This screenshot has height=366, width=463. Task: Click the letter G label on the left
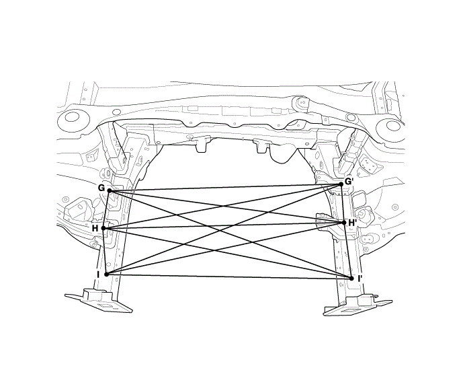(x=101, y=188)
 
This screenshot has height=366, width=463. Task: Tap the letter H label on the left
(x=95, y=229)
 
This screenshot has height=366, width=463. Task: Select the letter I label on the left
(x=98, y=274)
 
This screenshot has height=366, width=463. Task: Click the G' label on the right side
(x=349, y=181)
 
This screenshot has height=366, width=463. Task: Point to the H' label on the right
(x=352, y=223)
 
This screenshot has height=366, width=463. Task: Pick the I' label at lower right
(x=360, y=278)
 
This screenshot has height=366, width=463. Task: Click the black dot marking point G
(x=110, y=191)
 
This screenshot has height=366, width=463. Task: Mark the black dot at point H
(x=103, y=229)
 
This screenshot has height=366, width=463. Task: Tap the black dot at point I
(x=106, y=274)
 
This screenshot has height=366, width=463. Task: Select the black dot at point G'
(x=341, y=183)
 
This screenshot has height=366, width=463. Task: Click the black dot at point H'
(x=343, y=222)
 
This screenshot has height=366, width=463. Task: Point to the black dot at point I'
(x=351, y=278)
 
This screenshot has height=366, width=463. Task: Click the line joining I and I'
(x=228, y=276)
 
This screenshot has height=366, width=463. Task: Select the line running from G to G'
(x=225, y=187)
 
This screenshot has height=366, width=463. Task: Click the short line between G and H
(x=107, y=210)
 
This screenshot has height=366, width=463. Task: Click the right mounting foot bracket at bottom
(x=352, y=307)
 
